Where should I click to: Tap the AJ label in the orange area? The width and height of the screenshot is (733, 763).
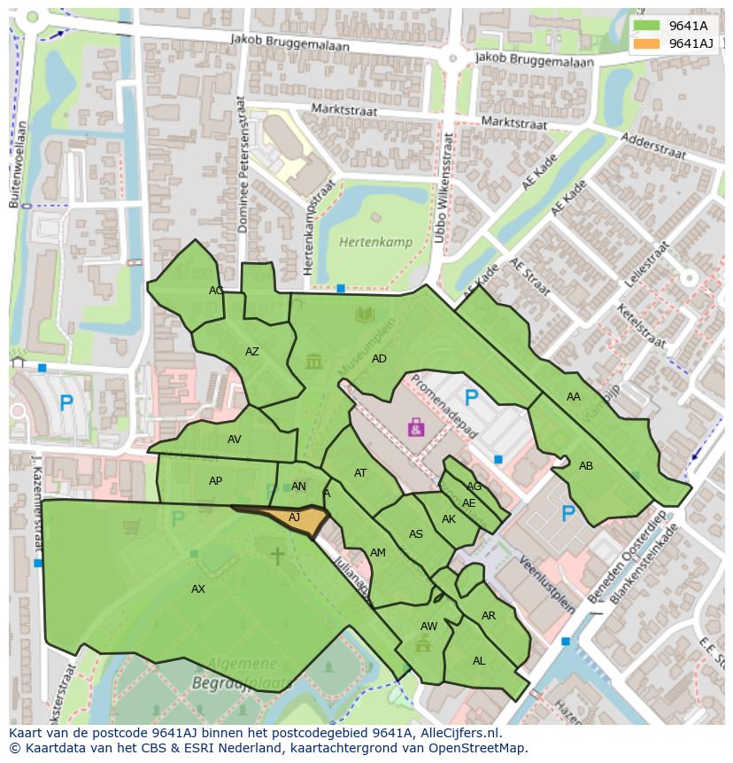click(x=295, y=517)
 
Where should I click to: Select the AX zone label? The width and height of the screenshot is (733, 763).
click(x=198, y=588)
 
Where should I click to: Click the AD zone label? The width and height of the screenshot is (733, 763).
click(x=379, y=359)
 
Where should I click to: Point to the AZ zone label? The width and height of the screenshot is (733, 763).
click(x=252, y=352)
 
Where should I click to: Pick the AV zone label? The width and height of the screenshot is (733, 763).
click(x=235, y=440)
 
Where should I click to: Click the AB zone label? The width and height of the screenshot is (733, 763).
click(x=586, y=466)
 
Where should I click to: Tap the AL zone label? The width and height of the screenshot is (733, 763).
click(x=479, y=661)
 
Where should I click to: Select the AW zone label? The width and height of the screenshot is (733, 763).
click(x=428, y=627)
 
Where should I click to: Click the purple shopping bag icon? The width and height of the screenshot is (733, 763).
click(x=416, y=428)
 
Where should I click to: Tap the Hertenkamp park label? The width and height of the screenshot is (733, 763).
click(x=369, y=242)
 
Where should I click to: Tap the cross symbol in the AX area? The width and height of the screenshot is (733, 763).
click(x=277, y=556)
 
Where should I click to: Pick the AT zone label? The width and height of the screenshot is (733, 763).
click(x=360, y=473)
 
